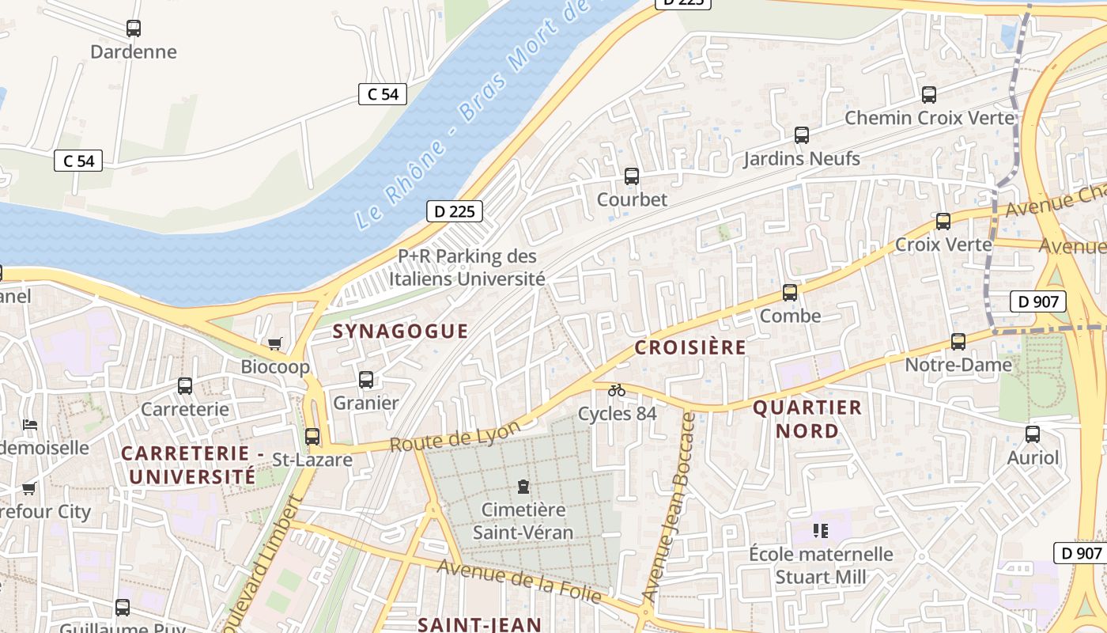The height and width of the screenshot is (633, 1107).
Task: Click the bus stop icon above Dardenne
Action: (134, 28)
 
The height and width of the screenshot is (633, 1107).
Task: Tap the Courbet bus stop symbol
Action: (631, 176)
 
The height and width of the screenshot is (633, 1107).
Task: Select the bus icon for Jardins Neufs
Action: (802, 135)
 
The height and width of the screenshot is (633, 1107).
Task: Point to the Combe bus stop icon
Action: (790, 293)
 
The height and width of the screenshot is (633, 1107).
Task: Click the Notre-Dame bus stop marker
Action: (958, 342)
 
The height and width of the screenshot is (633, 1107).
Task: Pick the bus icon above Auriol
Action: (1033, 434)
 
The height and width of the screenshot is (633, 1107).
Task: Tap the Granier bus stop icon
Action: (366, 380)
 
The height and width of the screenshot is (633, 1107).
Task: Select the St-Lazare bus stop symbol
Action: (312, 437)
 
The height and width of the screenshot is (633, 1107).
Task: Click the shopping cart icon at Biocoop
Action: (274, 343)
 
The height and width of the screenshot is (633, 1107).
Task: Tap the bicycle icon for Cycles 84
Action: (617, 390)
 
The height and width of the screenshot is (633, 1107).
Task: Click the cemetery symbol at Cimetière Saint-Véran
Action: (523, 486)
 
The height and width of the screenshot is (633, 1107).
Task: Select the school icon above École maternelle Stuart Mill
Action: (821, 530)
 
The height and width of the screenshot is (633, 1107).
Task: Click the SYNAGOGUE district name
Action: (400, 331)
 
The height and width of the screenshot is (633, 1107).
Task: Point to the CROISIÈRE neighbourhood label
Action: (690, 347)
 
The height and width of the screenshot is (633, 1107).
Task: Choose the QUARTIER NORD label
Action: (807, 419)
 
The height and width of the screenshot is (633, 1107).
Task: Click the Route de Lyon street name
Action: (455, 436)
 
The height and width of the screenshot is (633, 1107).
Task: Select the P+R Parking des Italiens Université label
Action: (467, 267)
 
